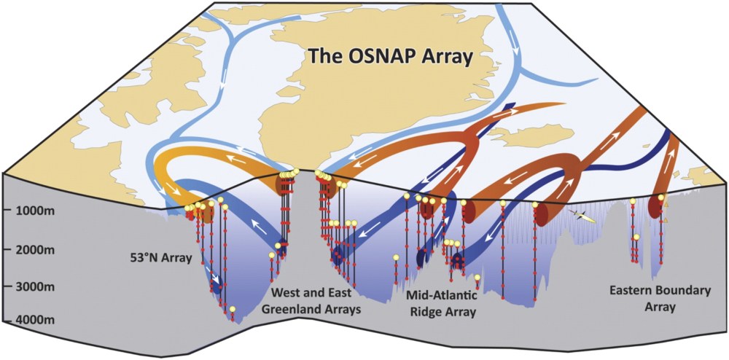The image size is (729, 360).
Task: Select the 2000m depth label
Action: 30,250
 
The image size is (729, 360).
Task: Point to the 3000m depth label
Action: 30,286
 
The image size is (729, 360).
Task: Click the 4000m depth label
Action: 30,320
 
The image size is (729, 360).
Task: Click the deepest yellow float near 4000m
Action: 233,310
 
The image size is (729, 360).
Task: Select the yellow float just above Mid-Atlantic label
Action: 477,278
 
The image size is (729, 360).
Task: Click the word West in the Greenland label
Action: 284,293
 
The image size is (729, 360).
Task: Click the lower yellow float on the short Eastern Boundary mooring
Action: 636,238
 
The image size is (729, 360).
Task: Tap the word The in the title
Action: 322,56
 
